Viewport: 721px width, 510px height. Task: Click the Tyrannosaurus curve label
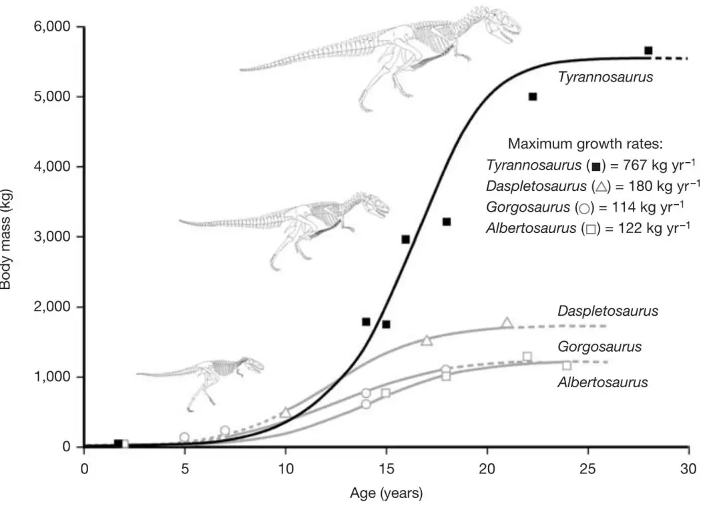coord(605,77)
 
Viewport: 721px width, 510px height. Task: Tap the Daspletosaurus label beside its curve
coord(608,311)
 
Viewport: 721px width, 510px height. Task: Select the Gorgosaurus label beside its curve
coord(599,347)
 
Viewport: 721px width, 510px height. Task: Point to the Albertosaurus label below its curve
coord(602,382)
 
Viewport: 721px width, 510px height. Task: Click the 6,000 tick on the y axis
coord(53,27)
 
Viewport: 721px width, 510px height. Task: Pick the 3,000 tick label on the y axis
coord(53,237)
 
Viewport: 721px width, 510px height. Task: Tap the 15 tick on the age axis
coord(386,469)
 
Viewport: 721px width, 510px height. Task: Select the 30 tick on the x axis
coord(688,469)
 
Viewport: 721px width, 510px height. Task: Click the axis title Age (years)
coord(386,495)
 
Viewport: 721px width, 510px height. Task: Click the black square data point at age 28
coord(648,51)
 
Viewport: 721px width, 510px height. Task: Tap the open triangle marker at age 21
coord(507,323)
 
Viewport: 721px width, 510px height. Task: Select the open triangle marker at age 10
coord(286,413)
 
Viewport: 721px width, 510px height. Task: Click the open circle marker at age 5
coord(184,437)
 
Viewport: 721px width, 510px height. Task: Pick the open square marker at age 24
coord(567,365)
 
